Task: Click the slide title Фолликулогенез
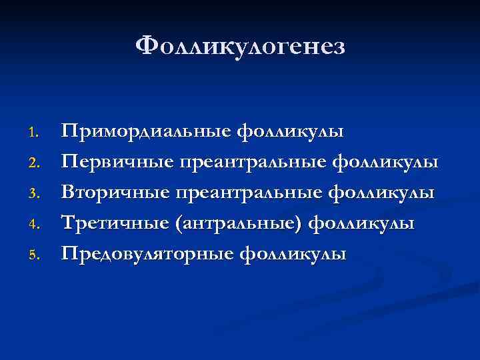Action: click(x=240, y=47)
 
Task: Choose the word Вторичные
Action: click(x=114, y=193)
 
